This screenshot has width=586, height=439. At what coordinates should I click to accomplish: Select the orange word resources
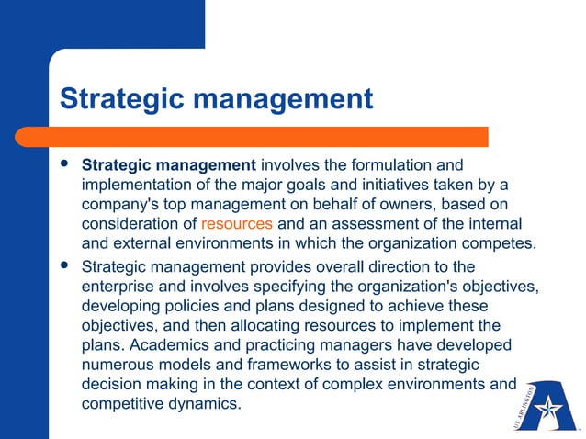click(237, 224)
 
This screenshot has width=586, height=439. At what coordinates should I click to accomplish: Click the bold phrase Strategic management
click(169, 166)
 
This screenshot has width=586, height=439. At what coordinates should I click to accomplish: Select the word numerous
click(118, 365)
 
